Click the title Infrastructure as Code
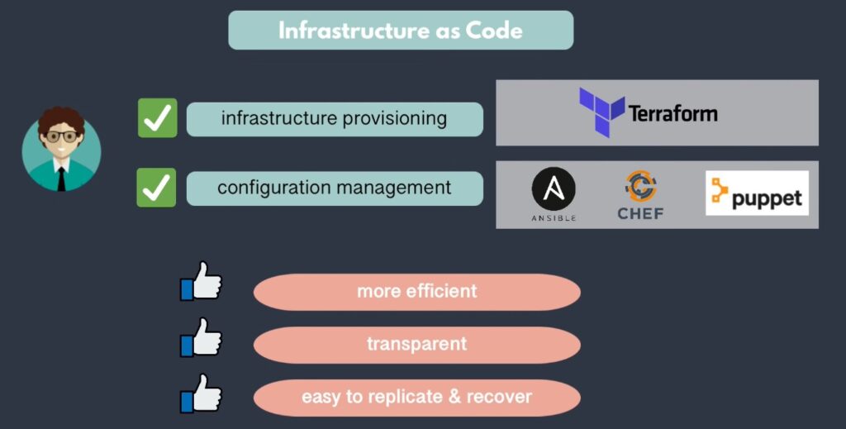click(x=401, y=31)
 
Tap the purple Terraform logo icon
click(x=601, y=111)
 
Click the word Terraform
click(x=673, y=113)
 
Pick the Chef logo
click(x=640, y=195)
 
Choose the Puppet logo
click(x=757, y=193)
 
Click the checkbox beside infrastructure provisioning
click(x=157, y=118)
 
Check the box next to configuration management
click(x=156, y=188)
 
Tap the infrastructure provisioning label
click(x=334, y=119)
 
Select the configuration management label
click(x=334, y=188)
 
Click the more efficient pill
click(x=416, y=292)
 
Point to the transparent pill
click(x=416, y=345)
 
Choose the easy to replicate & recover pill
click(x=416, y=398)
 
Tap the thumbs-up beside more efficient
click(x=201, y=283)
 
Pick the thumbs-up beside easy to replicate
click(x=201, y=393)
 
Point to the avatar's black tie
click(x=61, y=177)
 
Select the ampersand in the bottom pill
click(x=454, y=398)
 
